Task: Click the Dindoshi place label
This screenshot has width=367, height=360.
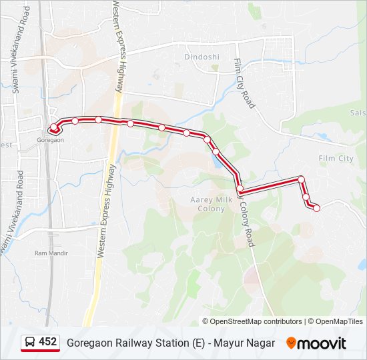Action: [x=202, y=57]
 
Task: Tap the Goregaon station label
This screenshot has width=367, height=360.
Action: [x=51, y=140]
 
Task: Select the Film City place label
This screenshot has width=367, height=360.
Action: [x=336, y=159]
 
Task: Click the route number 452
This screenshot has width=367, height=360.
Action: [x=48, y=342]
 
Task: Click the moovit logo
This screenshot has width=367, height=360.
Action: [x=316, y=343]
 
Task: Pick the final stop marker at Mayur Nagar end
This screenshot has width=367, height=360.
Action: [x=316, y=208]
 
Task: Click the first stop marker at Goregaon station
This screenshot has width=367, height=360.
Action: [x=53, y=127]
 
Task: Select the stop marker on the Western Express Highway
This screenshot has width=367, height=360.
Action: [x=131, y=123]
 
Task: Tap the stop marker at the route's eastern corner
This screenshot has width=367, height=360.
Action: [x=302, y=179]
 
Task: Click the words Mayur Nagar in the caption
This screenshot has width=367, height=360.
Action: [x=251, y=343]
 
